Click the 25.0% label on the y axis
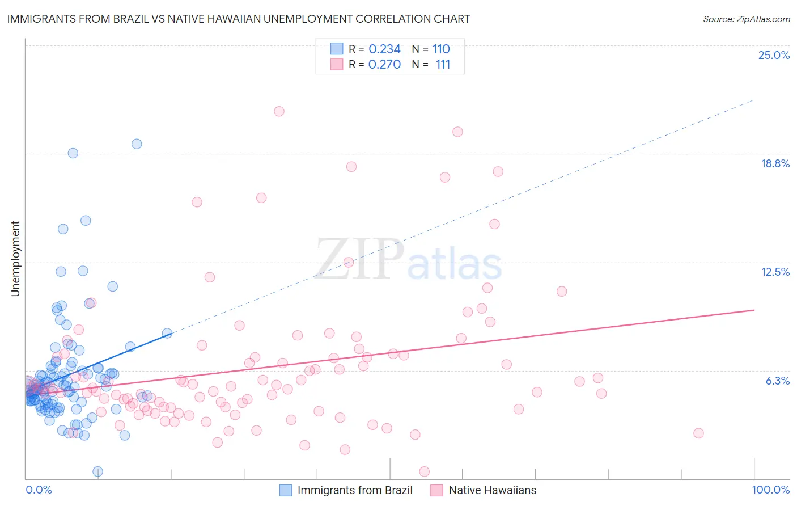774,55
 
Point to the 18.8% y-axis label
775,163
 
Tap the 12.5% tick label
775,272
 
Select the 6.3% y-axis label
777,381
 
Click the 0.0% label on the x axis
39,490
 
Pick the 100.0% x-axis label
770,490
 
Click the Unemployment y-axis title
15,259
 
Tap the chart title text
239,19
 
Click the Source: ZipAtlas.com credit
746,19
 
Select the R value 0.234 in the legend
384,49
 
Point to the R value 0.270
384,65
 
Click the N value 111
443,65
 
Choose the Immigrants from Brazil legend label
355,490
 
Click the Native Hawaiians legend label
492,490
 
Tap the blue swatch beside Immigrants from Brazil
286,490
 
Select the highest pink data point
279,111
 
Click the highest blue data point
137,144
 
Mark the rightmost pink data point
698,433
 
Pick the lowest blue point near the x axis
97,471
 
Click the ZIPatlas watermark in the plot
408,260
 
